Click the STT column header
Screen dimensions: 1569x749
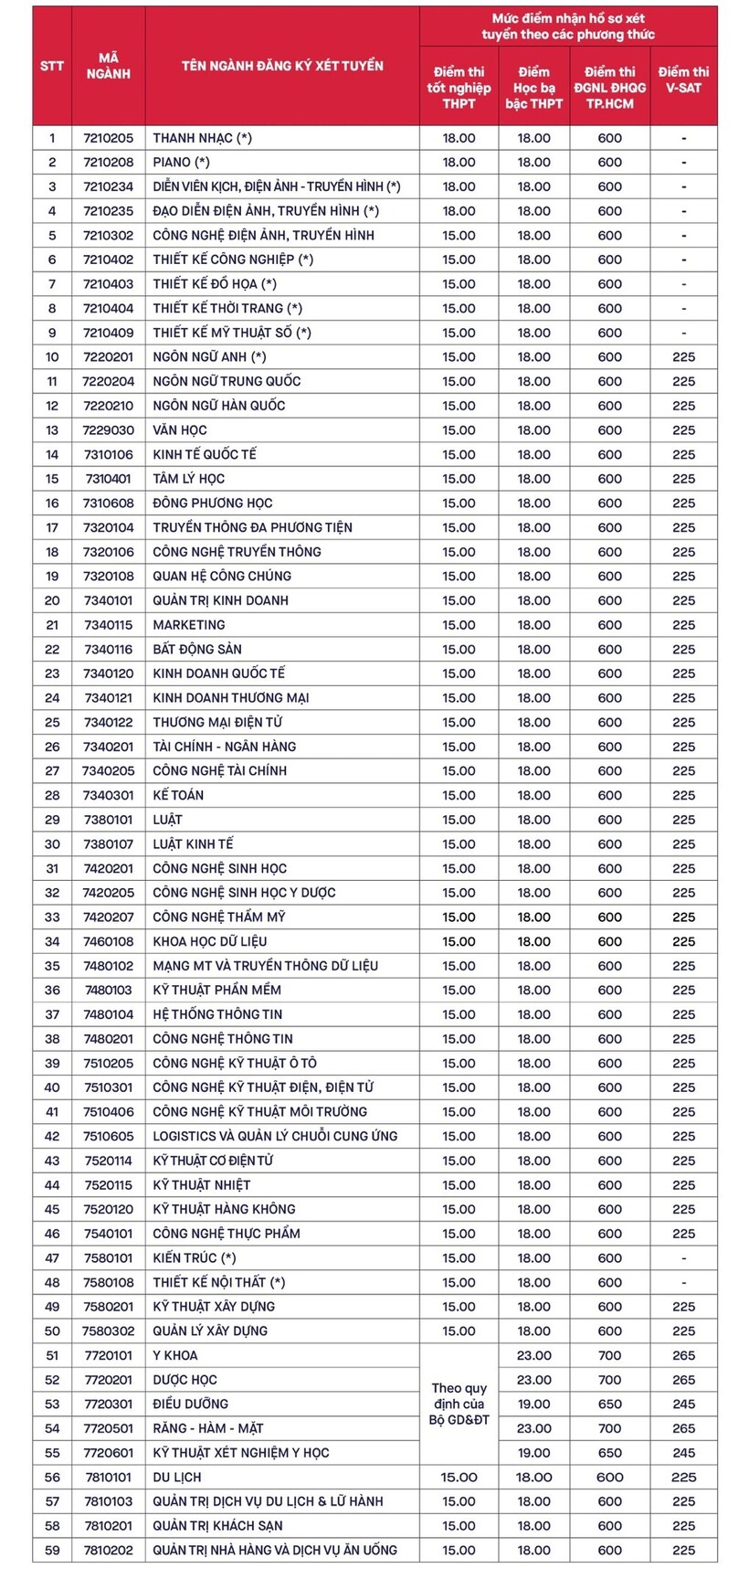(x=52, y=66)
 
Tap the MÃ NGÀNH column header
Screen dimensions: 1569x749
(x=108, y=66)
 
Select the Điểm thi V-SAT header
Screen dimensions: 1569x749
(x=683, y=80)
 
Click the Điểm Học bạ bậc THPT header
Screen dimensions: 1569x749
(x=534, y=87)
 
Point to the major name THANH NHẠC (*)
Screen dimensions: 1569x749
(x=202, y=138)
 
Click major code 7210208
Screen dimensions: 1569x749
(x=108, y=162)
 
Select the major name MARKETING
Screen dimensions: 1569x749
(x=189, y=625)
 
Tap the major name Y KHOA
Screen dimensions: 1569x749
(x=175, y=1355)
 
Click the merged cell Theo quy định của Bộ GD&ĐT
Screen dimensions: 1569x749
(x=459, y=1404)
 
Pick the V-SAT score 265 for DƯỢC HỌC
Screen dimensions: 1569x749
(x=683, y=1380)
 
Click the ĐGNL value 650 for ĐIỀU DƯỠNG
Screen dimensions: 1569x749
(x=609, y=1404)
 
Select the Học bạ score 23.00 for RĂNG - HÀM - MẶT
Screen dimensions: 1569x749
(x=534, y=1428)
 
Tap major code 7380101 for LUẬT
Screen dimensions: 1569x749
(x=108, y=820)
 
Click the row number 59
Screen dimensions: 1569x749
(x=52, y=1550)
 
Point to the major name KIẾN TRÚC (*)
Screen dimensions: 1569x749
(x=195, y=1258)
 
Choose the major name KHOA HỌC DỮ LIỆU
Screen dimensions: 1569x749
(x=210, y=941)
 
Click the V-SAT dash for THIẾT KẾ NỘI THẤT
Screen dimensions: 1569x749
(x=683, y=1282)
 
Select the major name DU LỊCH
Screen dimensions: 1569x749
(x=177, y=1477)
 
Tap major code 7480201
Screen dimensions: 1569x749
(x=108, y=1039)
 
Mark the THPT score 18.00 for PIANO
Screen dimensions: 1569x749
(x=459, y=162)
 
